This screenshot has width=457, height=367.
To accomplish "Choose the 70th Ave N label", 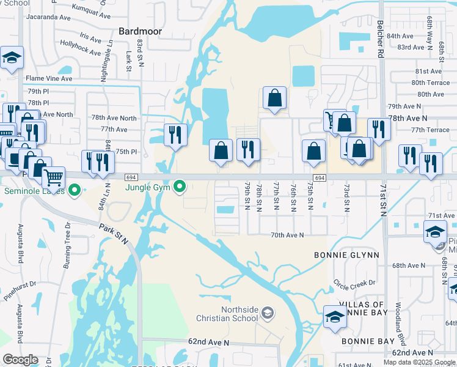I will (287, 235).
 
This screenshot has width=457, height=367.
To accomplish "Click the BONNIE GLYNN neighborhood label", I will (346, 254).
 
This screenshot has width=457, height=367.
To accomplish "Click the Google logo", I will (20, 360).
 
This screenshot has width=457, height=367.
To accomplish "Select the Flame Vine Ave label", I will (49, 79).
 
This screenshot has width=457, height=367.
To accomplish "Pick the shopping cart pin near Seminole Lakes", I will (54, 177).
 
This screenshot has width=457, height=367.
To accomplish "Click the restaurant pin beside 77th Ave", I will (175, 136).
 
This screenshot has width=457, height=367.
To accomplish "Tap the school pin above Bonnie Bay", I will (335, 317).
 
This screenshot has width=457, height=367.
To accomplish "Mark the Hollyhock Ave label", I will (81, 49).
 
